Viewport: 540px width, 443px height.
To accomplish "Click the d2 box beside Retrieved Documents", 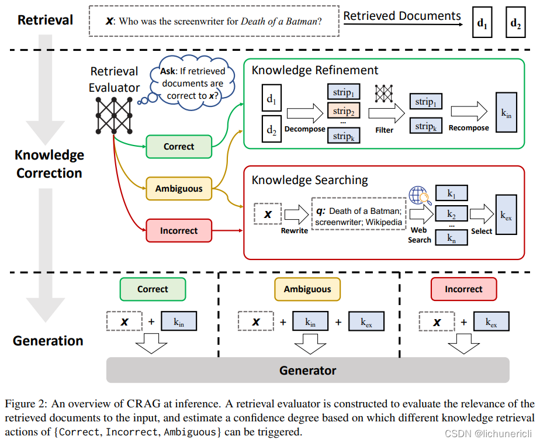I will click(515, 23).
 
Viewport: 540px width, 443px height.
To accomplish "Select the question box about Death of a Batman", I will click(213, 22).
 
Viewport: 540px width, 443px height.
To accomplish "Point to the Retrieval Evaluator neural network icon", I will click(113, 115).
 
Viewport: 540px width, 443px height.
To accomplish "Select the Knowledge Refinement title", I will click(315, 71).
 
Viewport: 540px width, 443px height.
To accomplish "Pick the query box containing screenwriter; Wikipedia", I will click(357, 216).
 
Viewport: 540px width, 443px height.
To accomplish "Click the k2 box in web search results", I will click(451, 214).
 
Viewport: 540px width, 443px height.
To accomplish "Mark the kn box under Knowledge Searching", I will click(451, 238).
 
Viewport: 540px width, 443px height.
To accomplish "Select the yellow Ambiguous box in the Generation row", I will click(307, 289).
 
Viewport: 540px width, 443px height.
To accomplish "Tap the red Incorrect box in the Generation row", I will click(463, 289).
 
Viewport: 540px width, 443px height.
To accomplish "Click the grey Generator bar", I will click(308, 370).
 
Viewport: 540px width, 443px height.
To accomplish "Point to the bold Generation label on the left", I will click(48, 341).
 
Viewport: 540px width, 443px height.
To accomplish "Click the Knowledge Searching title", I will click(310, 181).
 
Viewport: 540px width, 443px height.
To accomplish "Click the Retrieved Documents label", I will click(402, 16).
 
